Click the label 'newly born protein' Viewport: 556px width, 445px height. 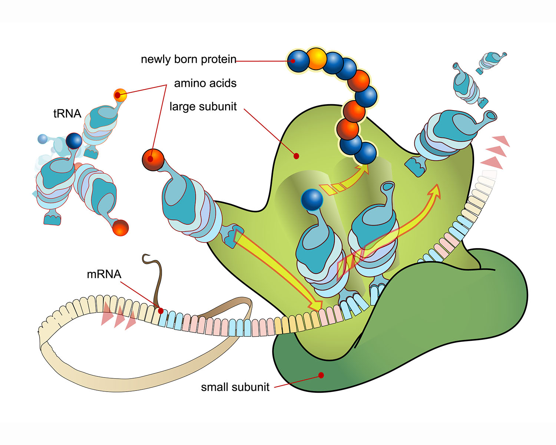[188, 59]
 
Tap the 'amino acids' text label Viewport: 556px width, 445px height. [205, 83]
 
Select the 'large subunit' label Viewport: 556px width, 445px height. [203, 106]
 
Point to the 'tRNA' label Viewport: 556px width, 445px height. [67, 113]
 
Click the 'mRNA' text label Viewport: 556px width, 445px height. [104, 274]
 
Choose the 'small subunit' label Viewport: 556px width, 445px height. [235, 387]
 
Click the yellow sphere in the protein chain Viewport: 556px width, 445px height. [317, 59]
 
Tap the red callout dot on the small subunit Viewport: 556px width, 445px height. [321, 375]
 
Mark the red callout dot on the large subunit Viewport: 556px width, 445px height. [296, 156]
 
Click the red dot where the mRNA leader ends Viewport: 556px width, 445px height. [160, 311]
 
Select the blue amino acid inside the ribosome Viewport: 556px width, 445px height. [312, 200]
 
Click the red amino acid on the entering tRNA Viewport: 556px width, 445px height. [153, 160]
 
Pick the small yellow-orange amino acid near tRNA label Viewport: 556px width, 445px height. [120, 95]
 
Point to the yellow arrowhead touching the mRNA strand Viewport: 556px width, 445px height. [316, 305]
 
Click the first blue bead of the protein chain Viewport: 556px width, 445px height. [298, 61]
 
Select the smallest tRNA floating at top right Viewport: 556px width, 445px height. [491, 63]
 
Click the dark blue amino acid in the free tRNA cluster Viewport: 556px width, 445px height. [74, 141]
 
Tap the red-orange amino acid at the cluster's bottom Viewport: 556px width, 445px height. [120, 228]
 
